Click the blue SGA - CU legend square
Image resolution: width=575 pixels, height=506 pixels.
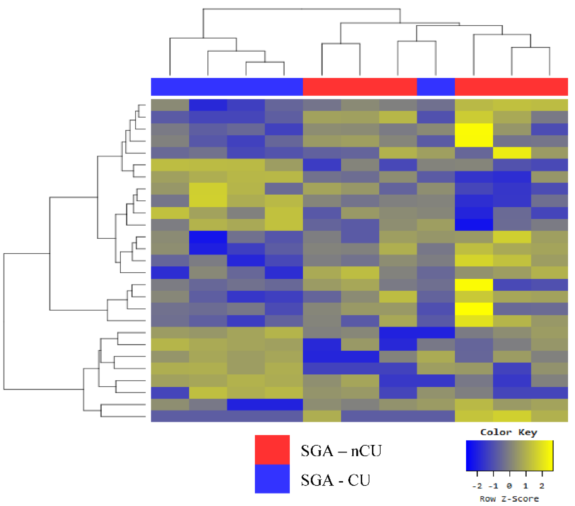click(x=272, y=478)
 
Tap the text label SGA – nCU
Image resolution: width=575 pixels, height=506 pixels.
click(x=341, y=451)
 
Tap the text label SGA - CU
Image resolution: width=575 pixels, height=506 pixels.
click(x=335, y=480)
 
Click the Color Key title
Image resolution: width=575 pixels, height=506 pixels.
click(x=508, y=432)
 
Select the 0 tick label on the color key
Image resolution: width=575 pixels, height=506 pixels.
click(x=509, y=486)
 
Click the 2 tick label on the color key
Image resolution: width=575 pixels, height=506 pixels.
click(x=542, y=486)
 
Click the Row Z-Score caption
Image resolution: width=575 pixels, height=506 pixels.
click(x=509, y=499)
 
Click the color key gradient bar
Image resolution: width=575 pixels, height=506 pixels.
click(x=509, y=455)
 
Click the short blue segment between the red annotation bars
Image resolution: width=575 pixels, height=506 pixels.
click(x=436, y=87)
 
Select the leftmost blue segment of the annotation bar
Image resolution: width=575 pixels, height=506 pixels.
click(x=227, y=87)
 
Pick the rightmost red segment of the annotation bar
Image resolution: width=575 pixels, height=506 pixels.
click(x=511, y=87)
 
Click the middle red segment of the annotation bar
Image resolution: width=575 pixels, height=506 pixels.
click(x=360, y=87)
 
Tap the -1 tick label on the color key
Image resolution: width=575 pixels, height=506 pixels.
click(x=493, y=486)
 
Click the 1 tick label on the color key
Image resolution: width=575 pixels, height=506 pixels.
click(x=525, y=486)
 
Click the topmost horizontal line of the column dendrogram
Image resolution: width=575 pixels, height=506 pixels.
click(x=302, y=9)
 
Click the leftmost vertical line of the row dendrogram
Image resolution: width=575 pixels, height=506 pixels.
click(x=4, y=321)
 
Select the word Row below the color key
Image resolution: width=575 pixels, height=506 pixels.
click(x=488, y=499)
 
